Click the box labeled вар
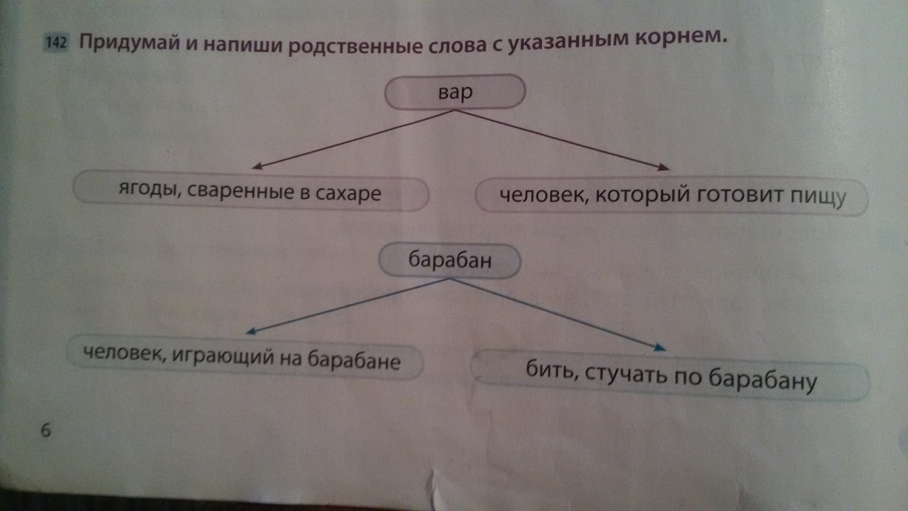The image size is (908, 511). click(454, 93)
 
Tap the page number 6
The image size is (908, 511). click(45, 430)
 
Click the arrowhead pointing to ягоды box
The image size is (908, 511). click(257, 167)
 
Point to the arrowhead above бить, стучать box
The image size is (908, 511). click(661, 347)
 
